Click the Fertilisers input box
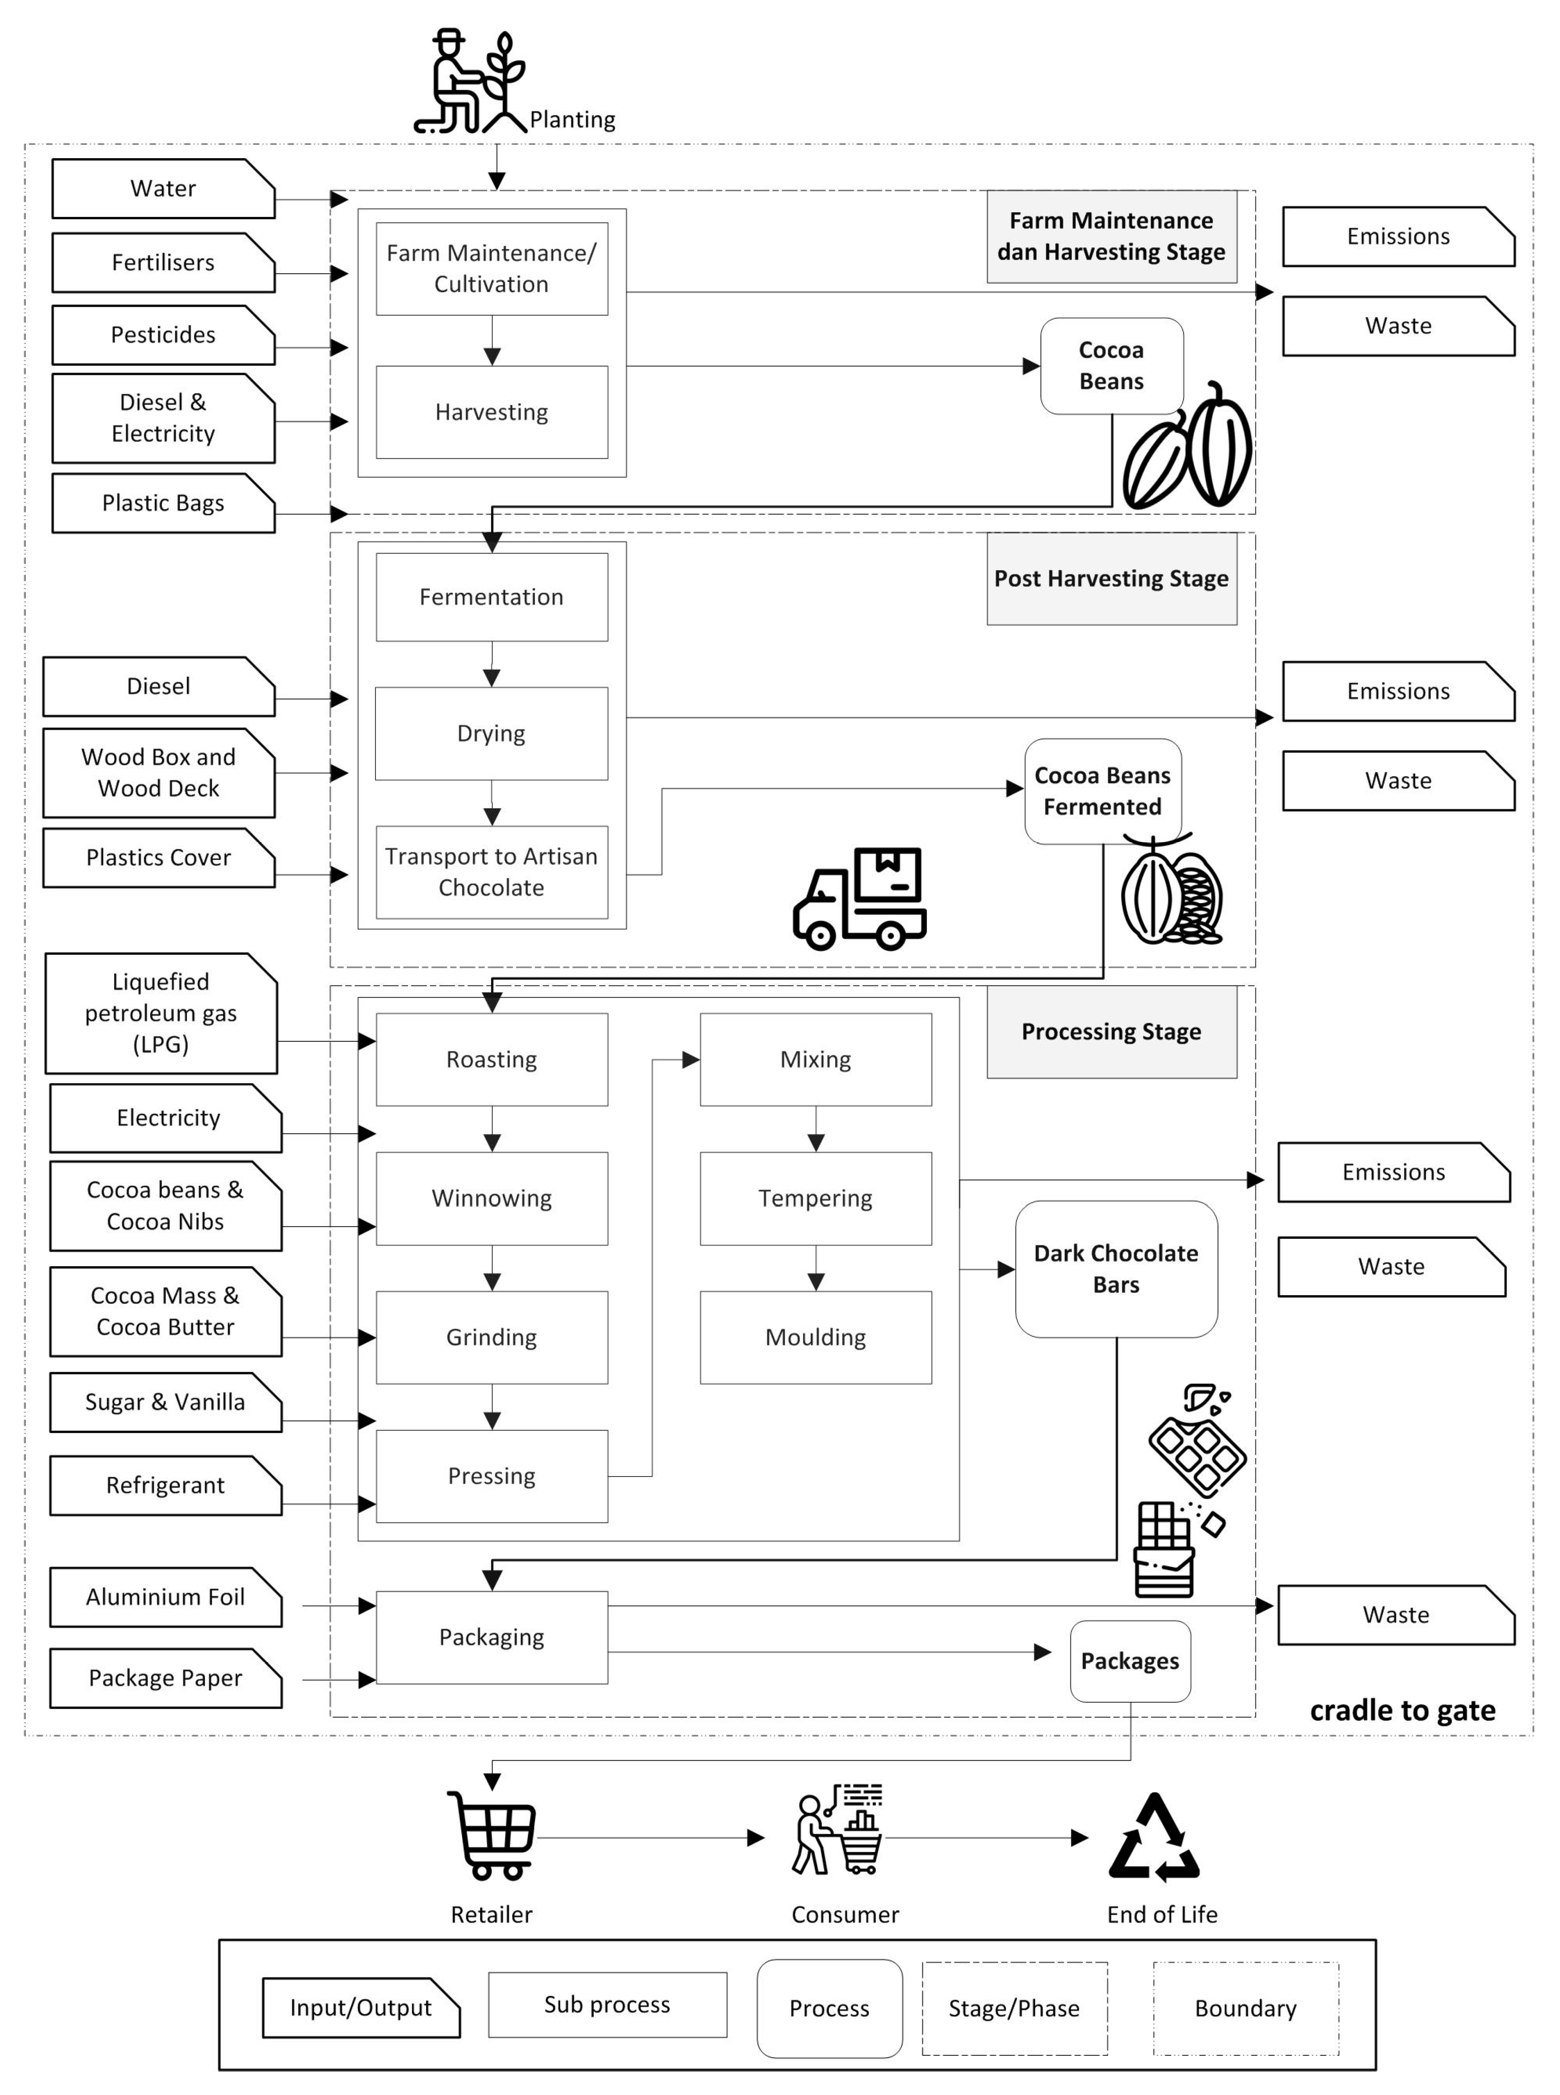(162, 262)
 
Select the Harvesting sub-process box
(491, 412)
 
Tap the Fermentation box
(491, 597)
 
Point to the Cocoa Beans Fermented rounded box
(1102, 790)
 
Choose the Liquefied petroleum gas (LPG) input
(160, 1012)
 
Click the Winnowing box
(491, 1198)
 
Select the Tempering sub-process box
(815, 1198)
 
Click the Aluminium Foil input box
(165, 1596)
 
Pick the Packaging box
(491, 1637)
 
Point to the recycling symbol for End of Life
(1154, 1837)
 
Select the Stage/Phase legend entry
(1014, 2008)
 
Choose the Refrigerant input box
(165, 1485)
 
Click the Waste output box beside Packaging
(1396, 1614)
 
